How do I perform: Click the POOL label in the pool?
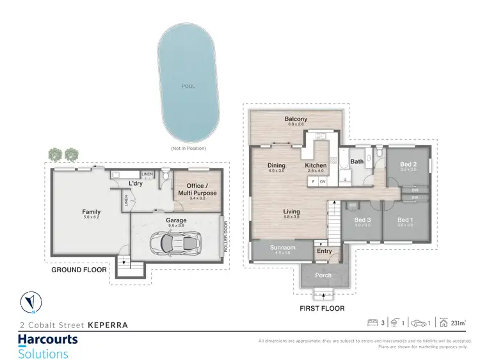coord(188,86)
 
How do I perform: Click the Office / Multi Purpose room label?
coord(197,190)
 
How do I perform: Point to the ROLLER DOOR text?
coord(225,236)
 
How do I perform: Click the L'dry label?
coord(135,184)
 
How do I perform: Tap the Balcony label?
coord(296,119)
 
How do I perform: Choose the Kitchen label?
coord(316,165)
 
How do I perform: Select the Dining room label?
coord(276,165)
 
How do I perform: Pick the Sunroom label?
coord(282,247)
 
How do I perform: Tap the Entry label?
coord(324,251)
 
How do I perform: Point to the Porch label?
coord(324,275)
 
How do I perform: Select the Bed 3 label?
coord(362,220)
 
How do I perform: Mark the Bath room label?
coord(356,162)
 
